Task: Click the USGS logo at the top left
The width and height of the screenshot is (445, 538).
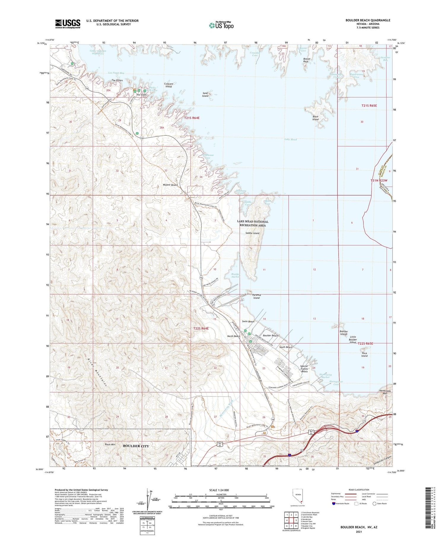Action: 68,24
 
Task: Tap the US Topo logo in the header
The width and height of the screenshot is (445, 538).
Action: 221,26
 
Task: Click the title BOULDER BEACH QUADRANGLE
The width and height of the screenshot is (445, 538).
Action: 368,20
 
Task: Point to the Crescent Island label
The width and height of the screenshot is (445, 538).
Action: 169,85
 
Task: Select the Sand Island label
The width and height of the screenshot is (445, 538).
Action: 205,95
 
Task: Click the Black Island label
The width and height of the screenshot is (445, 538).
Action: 315,118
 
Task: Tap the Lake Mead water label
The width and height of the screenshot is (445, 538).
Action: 290,139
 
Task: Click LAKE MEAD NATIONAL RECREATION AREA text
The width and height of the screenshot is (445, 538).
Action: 252,223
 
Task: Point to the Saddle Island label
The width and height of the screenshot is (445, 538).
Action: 252,233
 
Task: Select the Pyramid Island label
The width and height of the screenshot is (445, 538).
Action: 256,296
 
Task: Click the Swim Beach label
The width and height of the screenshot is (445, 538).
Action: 248,321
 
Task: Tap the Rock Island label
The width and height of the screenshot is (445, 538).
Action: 364,355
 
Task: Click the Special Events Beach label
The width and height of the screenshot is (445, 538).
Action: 304,369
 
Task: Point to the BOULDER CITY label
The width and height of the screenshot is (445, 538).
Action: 136,446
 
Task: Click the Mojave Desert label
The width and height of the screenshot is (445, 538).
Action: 170,185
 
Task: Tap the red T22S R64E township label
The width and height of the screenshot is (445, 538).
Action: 201,328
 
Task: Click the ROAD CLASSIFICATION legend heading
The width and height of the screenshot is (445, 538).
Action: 359,490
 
